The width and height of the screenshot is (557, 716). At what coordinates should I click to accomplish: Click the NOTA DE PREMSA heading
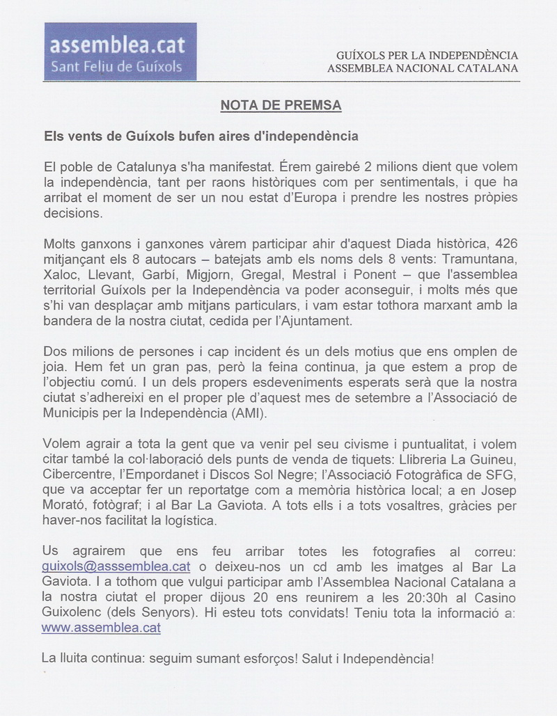281,106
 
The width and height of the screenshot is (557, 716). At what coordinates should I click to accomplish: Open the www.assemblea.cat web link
101,627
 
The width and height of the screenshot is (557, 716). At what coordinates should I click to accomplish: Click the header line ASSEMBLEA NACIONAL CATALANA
423,68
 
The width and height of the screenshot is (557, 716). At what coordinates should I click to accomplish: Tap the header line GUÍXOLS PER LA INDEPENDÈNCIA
427,55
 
